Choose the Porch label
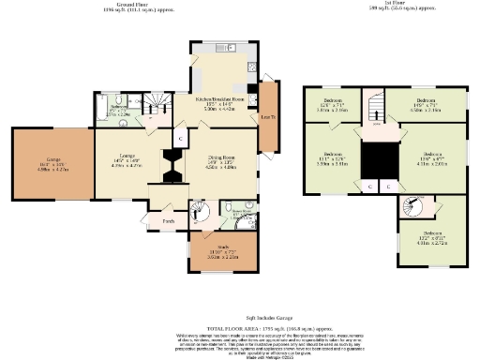(169, 221)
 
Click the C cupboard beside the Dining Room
(178, 138)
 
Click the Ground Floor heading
(128, 4)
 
